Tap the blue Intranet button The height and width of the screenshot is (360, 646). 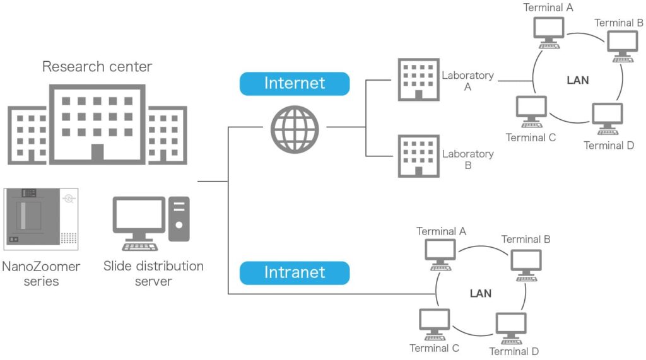coord(294,273)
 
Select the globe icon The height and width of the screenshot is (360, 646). coord(295,129)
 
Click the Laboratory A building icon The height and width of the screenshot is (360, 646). coord(418,79)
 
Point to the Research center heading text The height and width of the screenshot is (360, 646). coord(97,67)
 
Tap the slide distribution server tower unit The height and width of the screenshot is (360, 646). coord(179,218)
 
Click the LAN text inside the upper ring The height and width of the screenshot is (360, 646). coord(578,80)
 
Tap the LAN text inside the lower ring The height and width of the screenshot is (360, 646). coord(481,293)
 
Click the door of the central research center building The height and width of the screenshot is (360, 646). coord(97,153)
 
